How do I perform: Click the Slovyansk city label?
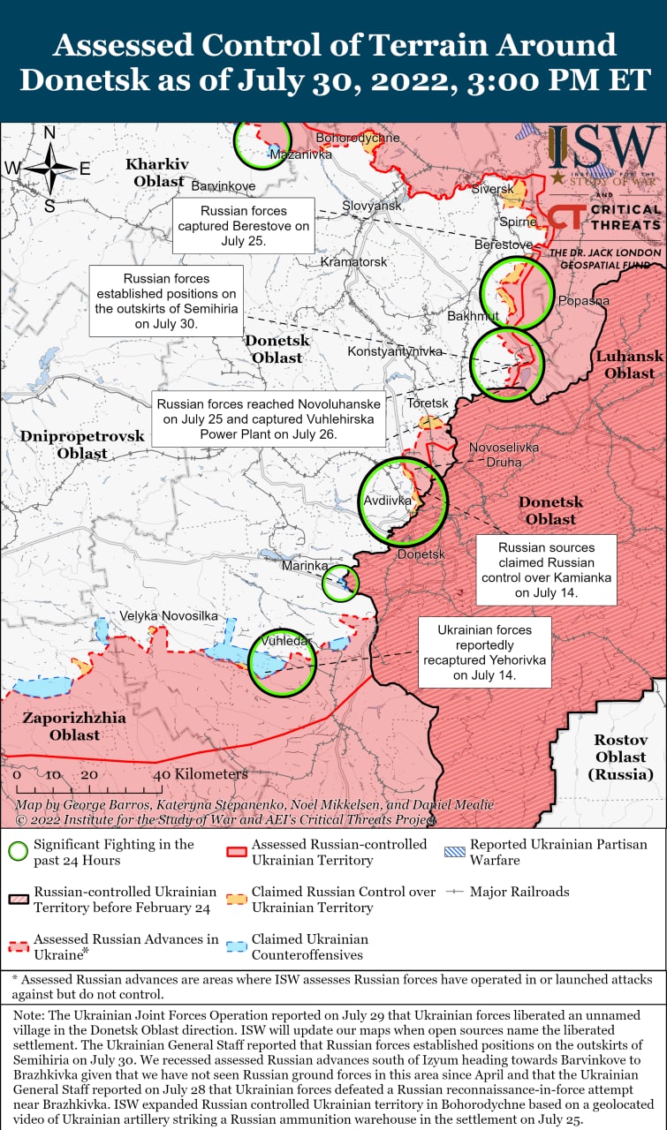[x=371, y=205]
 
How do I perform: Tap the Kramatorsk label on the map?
[x=353, y=262]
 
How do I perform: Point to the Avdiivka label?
[x=388, y=501]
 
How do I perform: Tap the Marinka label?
[x=305, y=565]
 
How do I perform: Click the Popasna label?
[x=583, y=301]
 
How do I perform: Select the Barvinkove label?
[x=223, y=186]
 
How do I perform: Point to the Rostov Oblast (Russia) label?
[x=620, y=757]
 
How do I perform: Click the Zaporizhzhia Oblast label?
[x=74, y=727]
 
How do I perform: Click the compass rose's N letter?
[x=49, y=133]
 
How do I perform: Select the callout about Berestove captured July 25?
[x=244, y=225]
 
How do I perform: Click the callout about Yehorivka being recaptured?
[x=484, y=652]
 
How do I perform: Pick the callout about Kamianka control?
[x=546, y=570]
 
